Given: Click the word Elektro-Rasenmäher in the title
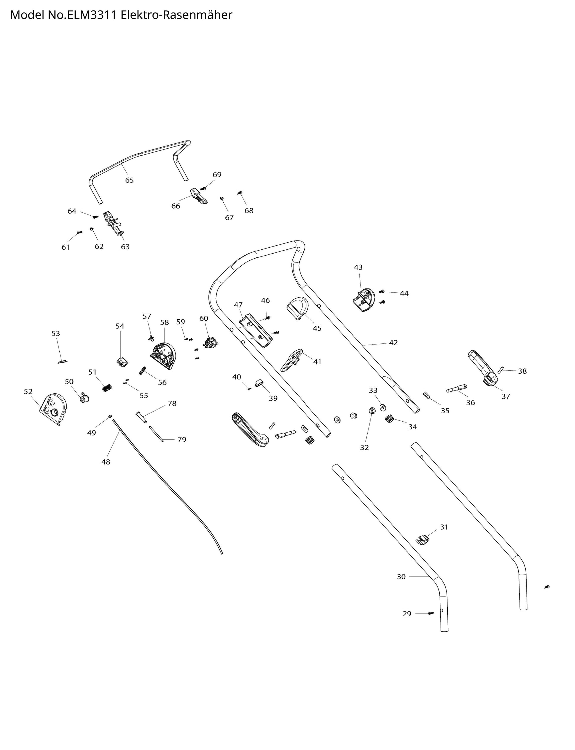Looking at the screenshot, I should coord(176,15).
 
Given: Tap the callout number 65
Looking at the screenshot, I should coord(129,180).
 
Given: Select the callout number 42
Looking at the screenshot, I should coord(393,343).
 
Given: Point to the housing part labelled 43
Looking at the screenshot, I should coord(363,300).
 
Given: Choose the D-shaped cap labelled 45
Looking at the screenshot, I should coord(297,308).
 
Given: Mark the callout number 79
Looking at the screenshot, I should coord(182,440).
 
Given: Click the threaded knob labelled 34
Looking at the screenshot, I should coord(389,418).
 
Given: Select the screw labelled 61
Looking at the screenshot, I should coord(80,232).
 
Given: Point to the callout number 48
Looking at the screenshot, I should coord(106,462).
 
